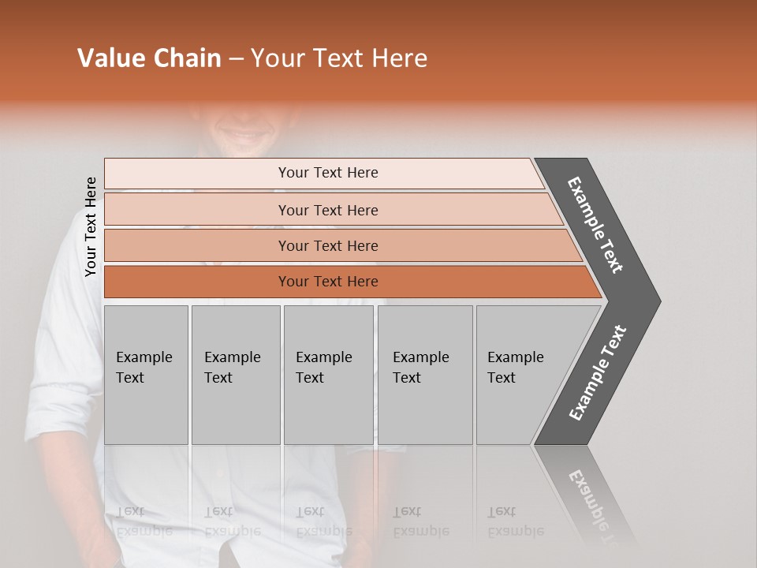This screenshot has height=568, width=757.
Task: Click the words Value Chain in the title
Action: tap(149, 58)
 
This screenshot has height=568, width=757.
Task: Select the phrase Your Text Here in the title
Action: tap(339, 58)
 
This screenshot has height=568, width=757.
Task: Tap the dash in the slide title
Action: tap(236, 59)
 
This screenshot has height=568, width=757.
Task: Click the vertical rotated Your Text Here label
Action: tap(91, 226)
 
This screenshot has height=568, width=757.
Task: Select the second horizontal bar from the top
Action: tap(328, 210)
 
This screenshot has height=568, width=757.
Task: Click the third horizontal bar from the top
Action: tap(328, 245)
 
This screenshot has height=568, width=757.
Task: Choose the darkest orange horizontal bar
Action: tap(328, 282)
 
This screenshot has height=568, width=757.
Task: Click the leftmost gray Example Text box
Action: tap(146, 374)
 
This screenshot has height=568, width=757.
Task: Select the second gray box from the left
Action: tap(235, 374)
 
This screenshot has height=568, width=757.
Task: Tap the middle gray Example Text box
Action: tap(328, 374)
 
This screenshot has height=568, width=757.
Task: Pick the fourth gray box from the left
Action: tap(424, 374)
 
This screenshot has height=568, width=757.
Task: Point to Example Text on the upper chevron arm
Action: tap(596, 225)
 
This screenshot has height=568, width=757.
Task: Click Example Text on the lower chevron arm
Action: tap(598, 373)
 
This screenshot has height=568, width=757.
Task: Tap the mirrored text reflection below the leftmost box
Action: tap(144, 521)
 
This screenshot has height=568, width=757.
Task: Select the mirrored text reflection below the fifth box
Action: tap(516, 521)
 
